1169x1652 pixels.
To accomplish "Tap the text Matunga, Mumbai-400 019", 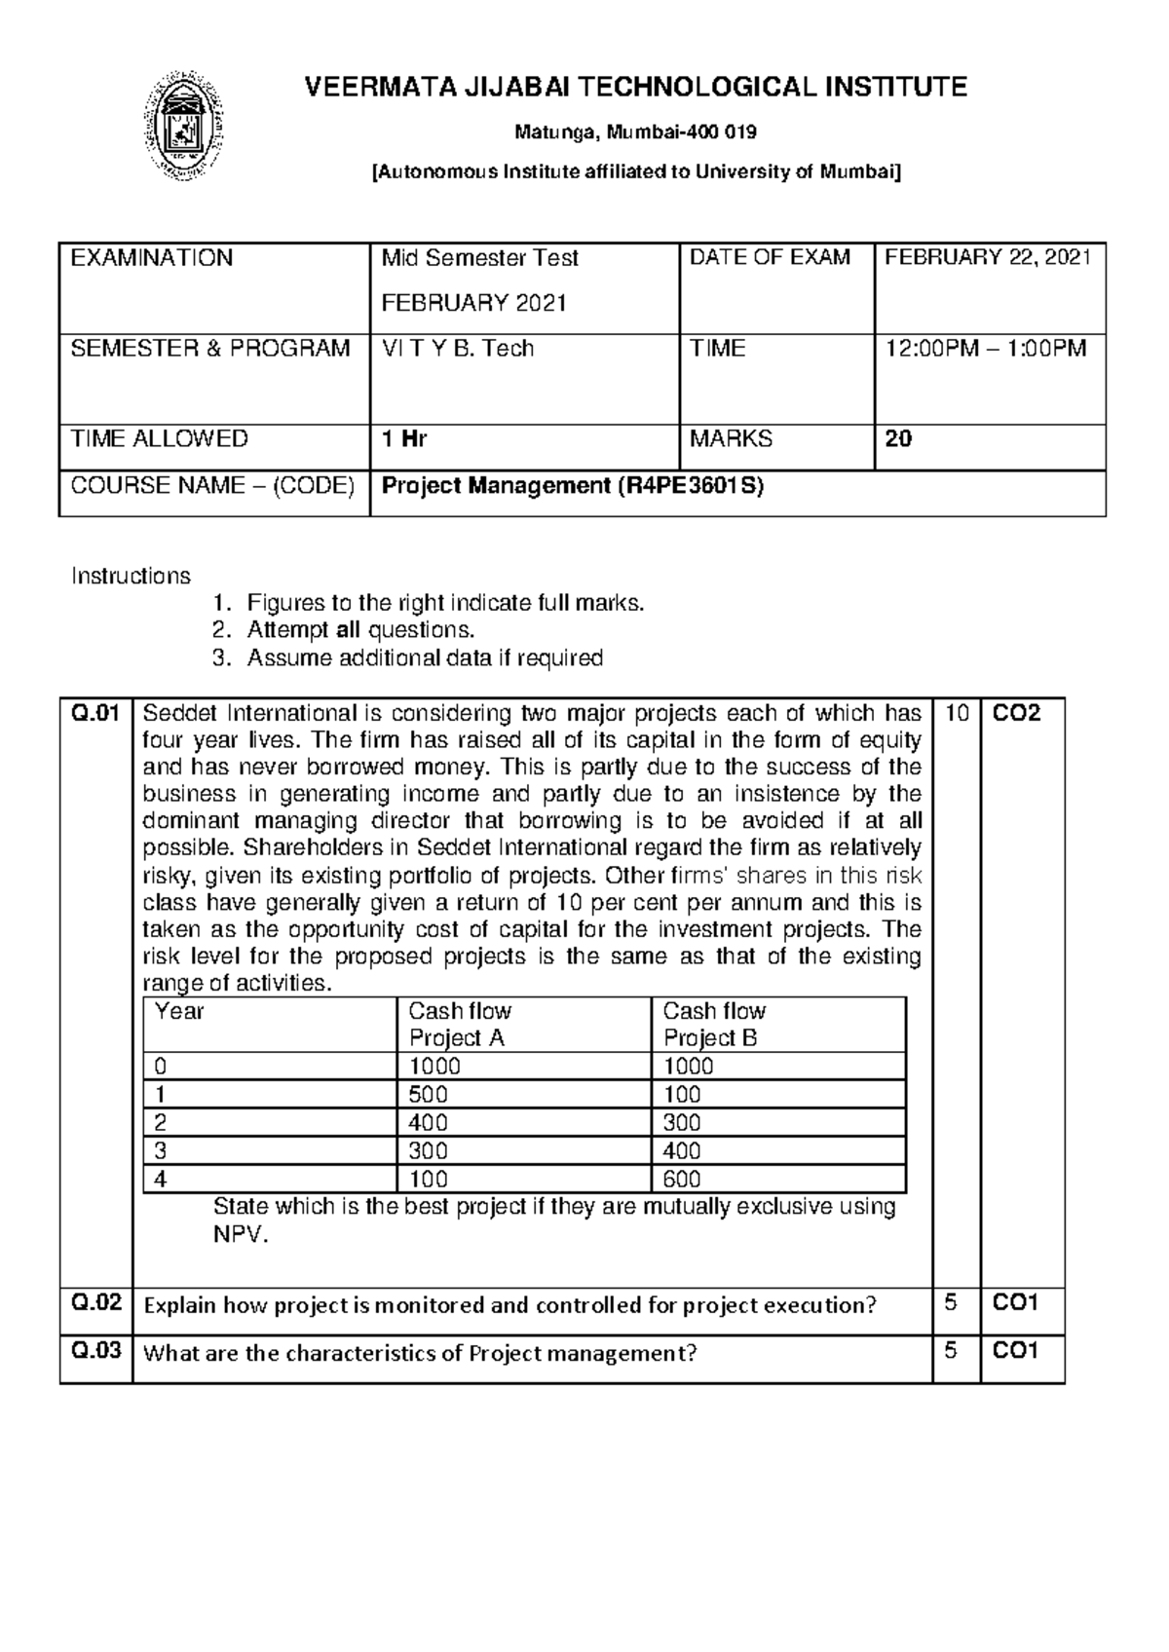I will [635, 131].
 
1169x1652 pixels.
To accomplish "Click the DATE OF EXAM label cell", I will [770, 258].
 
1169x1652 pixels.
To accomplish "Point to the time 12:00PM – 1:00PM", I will [984, 349].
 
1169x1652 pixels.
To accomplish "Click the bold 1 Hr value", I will [404, 439].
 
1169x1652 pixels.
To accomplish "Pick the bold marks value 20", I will [898, 439].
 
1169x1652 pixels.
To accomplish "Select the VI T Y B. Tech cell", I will [457, 349].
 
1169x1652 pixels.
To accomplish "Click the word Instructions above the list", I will [131, 576].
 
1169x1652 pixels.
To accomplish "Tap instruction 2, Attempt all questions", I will [359, 630].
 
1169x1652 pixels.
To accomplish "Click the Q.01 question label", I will [95, 714].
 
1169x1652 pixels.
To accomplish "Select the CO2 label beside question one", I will [1016, 714].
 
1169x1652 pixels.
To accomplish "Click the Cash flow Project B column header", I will [713, 1024].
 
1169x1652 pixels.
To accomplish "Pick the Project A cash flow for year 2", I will [429, 1123].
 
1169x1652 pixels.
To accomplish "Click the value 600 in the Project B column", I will [682, 1180].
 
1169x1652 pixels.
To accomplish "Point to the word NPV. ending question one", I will [240, 1236].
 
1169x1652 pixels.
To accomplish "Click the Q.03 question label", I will [95, 1351].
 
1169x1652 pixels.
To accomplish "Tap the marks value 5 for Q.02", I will [951, 1302].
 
